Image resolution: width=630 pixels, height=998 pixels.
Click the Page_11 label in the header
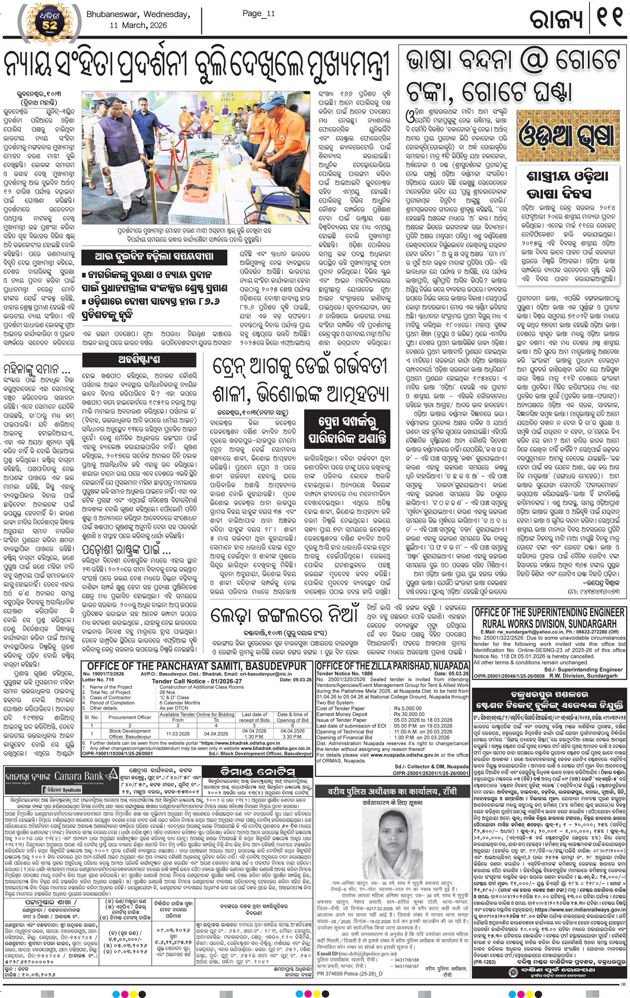[259, 13]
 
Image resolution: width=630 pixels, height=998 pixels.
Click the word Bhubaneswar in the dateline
[113, 15]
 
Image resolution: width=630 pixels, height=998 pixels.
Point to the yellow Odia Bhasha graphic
[566, 135]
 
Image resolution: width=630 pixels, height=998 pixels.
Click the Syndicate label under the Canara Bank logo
[60, 790]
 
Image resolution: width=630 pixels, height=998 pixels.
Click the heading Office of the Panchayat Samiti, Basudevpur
[197, 666]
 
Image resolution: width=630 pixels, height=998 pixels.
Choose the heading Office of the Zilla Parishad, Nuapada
[392, 666]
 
